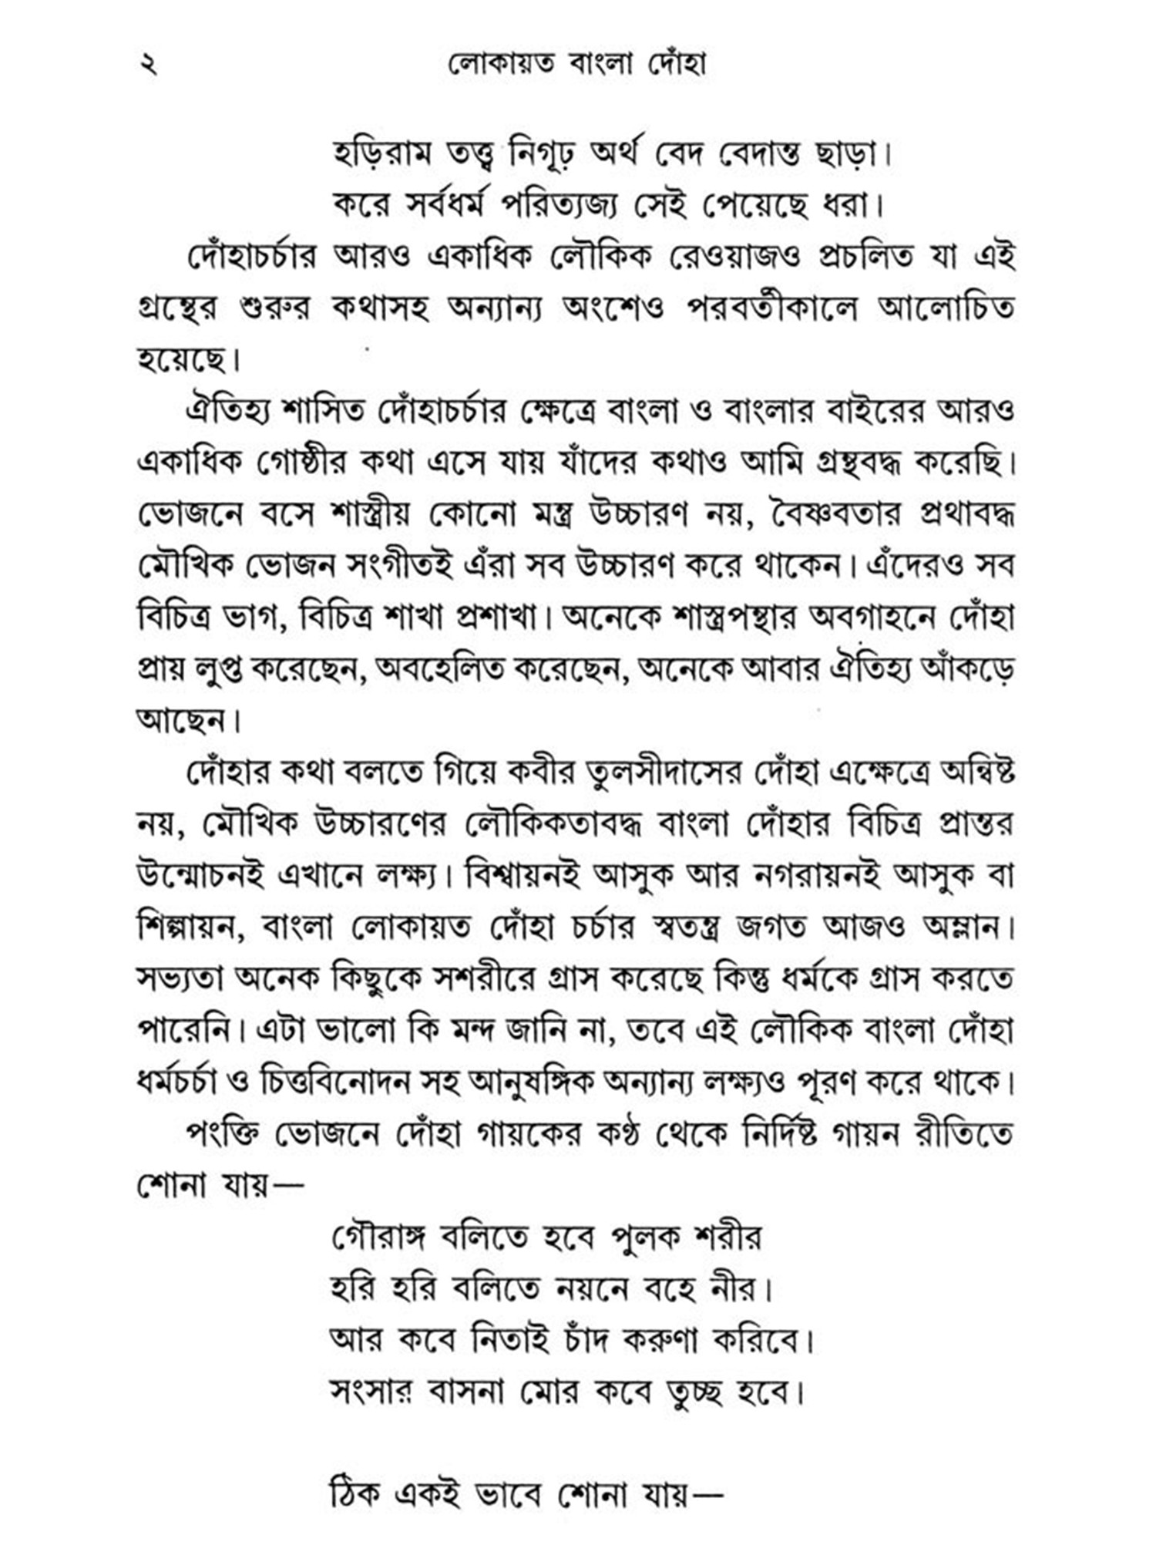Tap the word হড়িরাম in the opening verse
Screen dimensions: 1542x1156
(382, 154)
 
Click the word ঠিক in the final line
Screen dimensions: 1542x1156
(355, 1495)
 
